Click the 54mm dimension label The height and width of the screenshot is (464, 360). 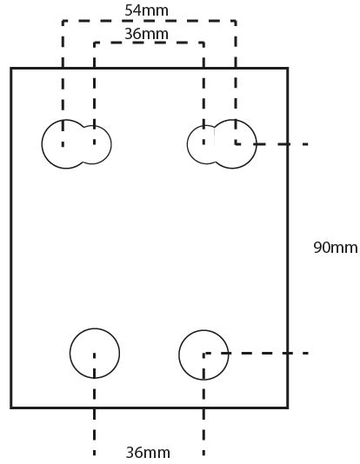tap(147, 10)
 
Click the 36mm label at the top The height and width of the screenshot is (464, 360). tap(147, 34)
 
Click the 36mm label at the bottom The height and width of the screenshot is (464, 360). tap(148, 453)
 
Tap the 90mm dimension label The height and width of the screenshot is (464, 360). tap(336, 248)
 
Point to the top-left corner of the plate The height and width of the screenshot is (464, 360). tap(11, 69)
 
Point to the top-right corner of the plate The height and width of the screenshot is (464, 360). tap(288, 69)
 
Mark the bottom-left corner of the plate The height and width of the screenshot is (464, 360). tap(11, 408)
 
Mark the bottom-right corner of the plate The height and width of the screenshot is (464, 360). tap(288, 408)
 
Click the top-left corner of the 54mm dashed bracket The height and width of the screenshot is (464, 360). tap(63, 21)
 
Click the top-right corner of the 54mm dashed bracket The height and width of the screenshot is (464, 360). tap(236, 21)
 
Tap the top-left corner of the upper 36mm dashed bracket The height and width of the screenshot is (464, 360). tap(95, 43)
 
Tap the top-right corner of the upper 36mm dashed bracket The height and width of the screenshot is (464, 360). tap(203, 43)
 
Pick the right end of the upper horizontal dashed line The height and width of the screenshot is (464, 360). tap(308, 144)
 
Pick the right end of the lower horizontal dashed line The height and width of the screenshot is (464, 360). tap(308, 353)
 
